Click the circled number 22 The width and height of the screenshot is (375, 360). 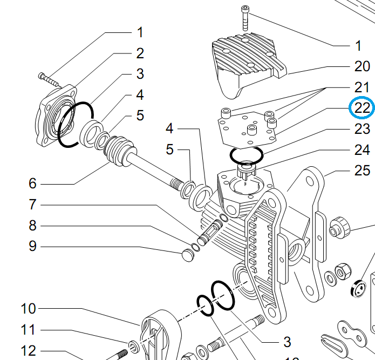362,108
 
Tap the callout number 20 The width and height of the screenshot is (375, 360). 362,66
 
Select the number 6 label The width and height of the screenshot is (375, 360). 32,184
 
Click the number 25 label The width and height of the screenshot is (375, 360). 362,171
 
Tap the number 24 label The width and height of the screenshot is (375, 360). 362,150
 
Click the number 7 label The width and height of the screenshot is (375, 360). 32,205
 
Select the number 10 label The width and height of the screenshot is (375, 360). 28,309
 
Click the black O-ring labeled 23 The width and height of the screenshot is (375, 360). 246,155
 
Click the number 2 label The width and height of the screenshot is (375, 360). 140,53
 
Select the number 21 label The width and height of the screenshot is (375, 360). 362,87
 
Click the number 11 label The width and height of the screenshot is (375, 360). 28,329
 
